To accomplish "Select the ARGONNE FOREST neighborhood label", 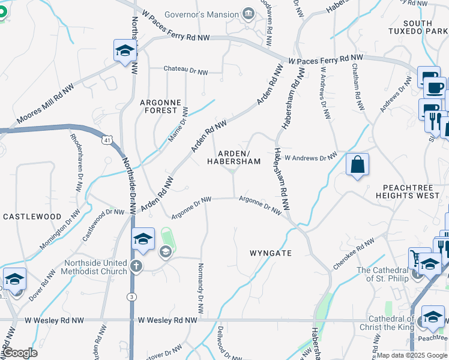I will (159, 106).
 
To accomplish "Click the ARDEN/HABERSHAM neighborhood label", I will (234, 157).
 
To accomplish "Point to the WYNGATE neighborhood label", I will (271, 253).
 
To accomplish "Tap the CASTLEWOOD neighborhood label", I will (31, 216).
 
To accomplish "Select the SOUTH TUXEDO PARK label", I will (426, 27).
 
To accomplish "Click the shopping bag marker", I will (357, 165).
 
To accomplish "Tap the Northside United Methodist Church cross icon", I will (137, 266).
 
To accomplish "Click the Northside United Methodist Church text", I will (96, 267).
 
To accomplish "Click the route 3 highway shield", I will (131, 296).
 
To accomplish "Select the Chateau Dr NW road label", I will (186, 71).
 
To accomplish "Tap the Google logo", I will (19, 353).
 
